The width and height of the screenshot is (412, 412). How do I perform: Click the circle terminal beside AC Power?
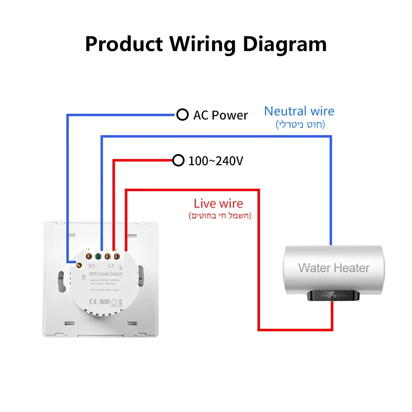tap(182, 115)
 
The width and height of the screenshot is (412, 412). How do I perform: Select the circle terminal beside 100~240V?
tap(178, 160)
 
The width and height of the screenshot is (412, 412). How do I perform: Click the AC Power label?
tap(220, 115)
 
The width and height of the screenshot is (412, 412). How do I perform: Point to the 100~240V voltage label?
tap(215, 161)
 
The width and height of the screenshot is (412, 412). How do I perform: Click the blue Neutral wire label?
tap(299, 111)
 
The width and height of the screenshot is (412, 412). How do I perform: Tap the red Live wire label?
tap(218, 203)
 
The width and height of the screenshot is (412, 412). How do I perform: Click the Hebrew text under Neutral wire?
tap(300, 124)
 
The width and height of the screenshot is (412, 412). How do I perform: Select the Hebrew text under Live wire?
tap(220, 215)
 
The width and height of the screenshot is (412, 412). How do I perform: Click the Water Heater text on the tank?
tap(334, 268)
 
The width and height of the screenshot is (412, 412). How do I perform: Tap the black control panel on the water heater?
tap(334, 295)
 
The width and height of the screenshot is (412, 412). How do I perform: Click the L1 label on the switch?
tap(110, 266)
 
